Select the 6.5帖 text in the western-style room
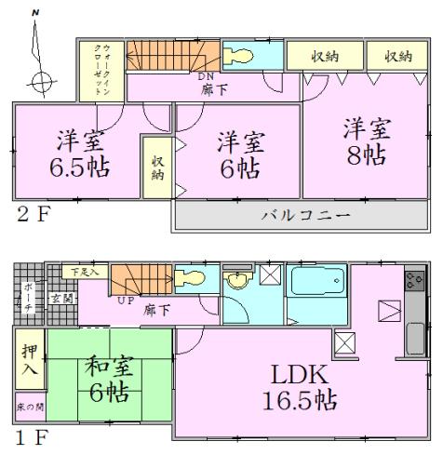click(x=73, y=170)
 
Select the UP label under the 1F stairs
click(x=124, y=301)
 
